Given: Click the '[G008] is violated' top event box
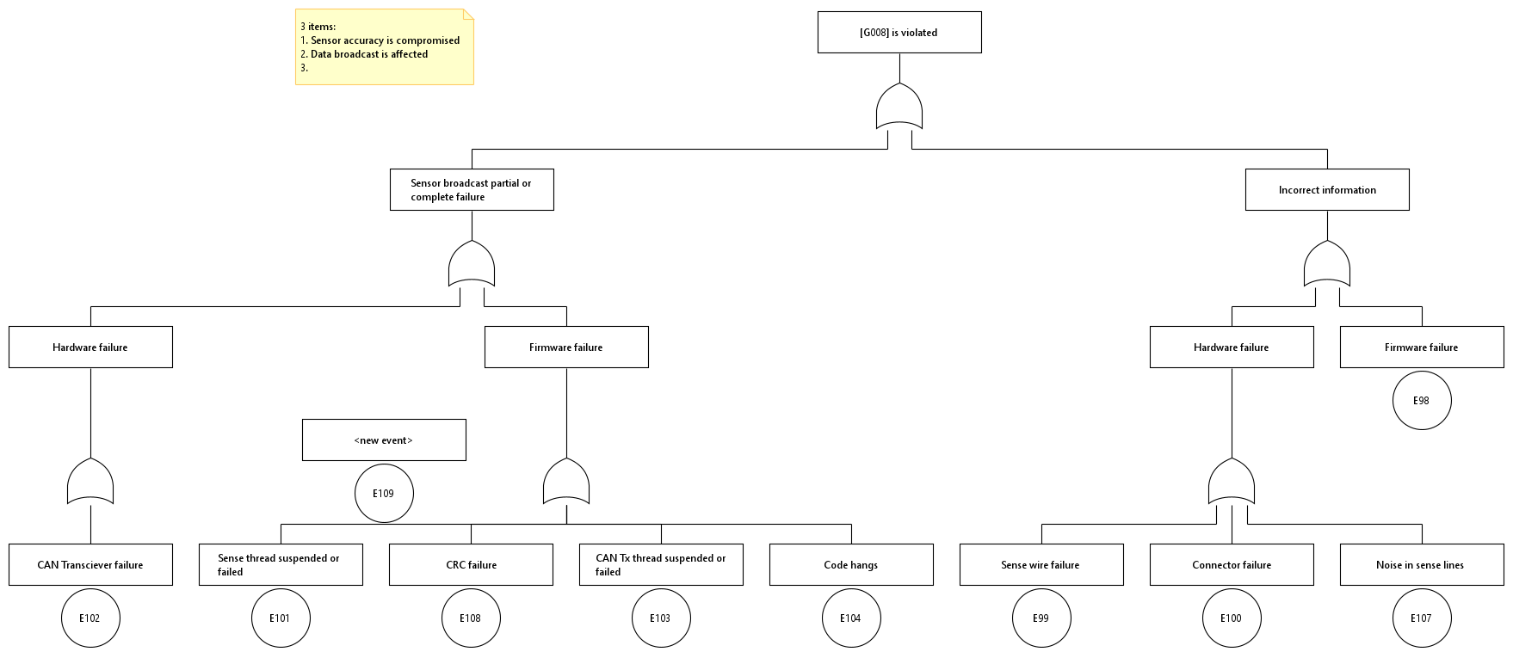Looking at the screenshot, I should pyautogui.click(x=899, y=33).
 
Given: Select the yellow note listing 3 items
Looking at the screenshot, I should pyautogui.click(x=385, y=47).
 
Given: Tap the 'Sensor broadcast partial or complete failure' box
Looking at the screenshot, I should pyautogui.click(x=472, y=190).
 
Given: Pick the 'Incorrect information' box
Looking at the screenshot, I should pyautogui.click(x=1327, y=190).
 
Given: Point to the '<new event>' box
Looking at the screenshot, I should pyautogui.click(x=384, y=440).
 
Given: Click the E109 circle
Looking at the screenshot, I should pyautogui.click(x=384, y=494).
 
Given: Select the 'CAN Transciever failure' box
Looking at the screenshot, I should pyautogui.click(x=90, y=565).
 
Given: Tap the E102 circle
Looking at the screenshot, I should pyautogui.click(x=90, y=618).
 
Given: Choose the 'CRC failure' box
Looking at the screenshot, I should pyautogui.click(x=471, y=565).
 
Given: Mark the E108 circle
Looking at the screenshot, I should pyautogui.click(x=471, y=618).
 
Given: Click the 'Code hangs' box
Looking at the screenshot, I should pyautogui.click(x=851, y=565).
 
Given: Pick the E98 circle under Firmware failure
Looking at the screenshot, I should pyautogui.click(x=1422, y=401).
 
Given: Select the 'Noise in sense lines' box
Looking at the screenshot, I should pyautogui.click(x=1422, y=565).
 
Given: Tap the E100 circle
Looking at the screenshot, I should pyautogui.click(x=1232, y=618).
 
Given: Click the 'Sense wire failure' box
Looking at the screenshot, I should pyautogui.click(x=1041, y=565).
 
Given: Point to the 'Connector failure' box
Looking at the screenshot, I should pyautogui.click(x=1232, y=565).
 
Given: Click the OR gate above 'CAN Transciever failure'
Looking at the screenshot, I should pyautogui.click(x=90, y=483).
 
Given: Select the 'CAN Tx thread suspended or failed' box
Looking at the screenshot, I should pyautogui.click(x=661, y=565).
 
